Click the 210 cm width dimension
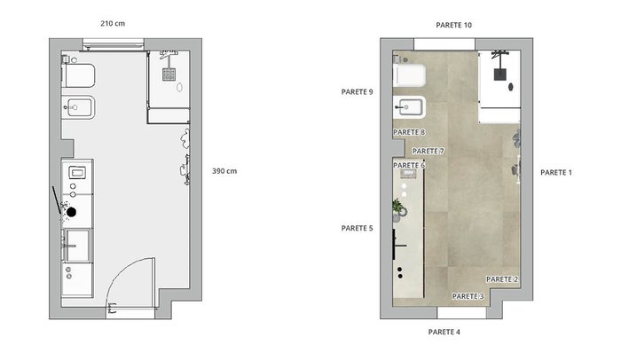click(113, 23)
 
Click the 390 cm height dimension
click(224, 171)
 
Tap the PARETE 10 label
click(454, 25)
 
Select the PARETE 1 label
click(556, 172)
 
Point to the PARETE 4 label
click(444, 332)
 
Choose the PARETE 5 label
click(357, 228)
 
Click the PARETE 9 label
click(357, 92)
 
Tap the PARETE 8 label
click(409, 132)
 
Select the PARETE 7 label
click(428, 151)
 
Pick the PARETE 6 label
click(409, 165)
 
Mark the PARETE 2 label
click(502, 279)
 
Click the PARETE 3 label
click(468, 296)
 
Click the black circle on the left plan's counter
click(71, 212)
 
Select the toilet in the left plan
click(79, 75)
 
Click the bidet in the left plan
click(79, 107)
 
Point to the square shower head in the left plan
click(169, 74)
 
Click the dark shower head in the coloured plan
click(499, 74)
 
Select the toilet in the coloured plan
click(409, 75)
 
